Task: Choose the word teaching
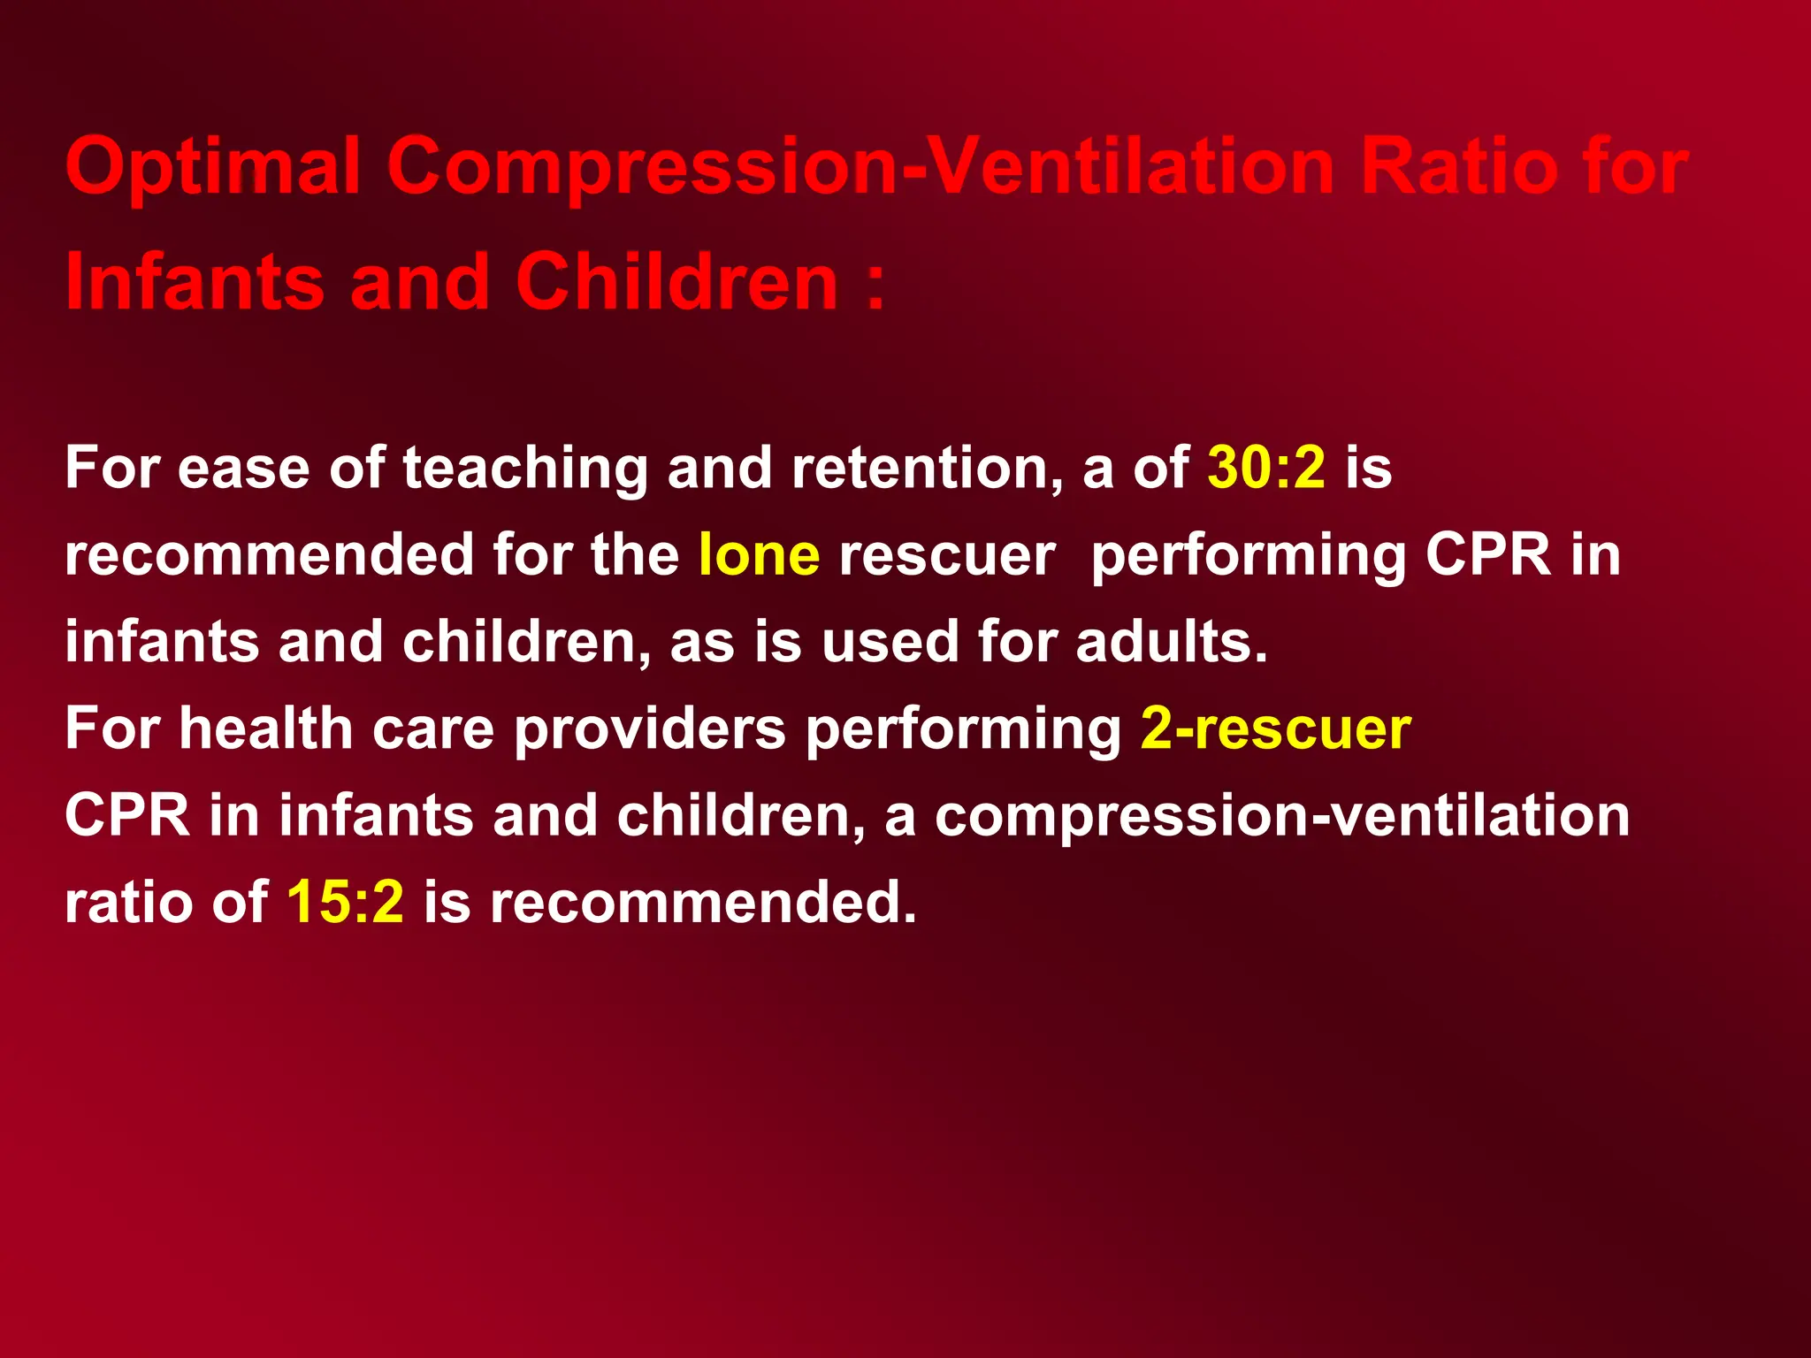click(x=525, y=469)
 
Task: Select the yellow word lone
click(x=759, y=555)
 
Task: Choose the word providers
click(x=650, y=730)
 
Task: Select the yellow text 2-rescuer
click(x=1275, y=729)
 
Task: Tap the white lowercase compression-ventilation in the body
click(x=1281, y=816)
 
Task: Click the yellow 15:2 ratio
click(x=345, y=902)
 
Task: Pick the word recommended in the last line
click(x=703, y=902)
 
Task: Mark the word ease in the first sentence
click(x=243, y=469)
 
